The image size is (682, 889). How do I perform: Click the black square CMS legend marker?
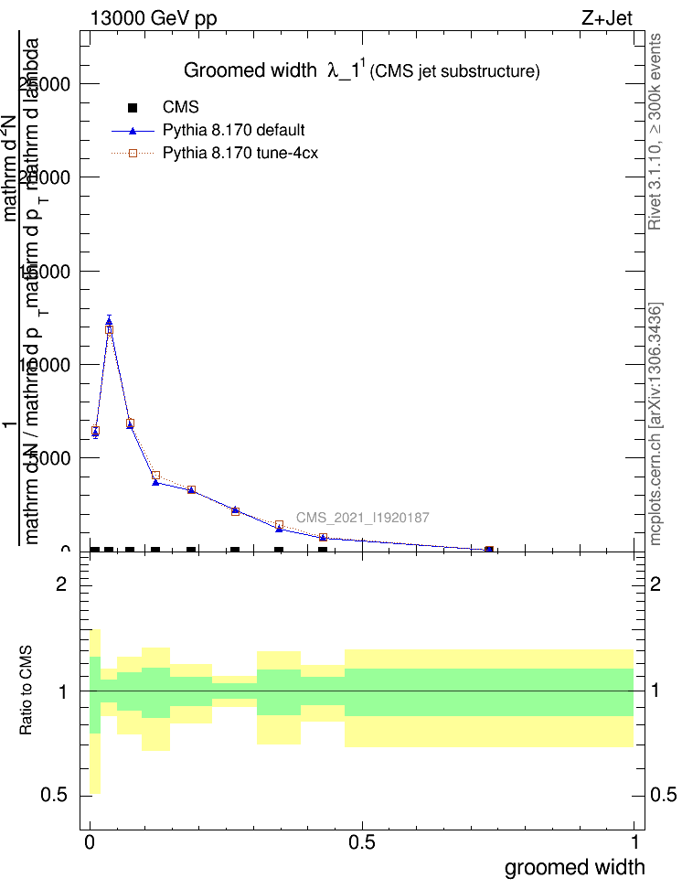click(133, 107)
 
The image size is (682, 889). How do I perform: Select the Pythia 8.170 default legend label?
click(233, 130)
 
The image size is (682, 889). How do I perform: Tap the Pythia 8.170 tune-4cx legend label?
click(240, 153)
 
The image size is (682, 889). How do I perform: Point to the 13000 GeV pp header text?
click(154, 18)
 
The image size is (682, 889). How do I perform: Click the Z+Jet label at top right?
click(606, 18)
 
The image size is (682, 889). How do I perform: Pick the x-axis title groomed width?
click(574, 867)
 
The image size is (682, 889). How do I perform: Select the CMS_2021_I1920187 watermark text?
click(363, 519)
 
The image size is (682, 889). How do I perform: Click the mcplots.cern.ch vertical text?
click(655, 423)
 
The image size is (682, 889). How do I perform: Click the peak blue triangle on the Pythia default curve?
click(109, 321)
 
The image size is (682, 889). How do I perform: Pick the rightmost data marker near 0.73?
click(489, 550)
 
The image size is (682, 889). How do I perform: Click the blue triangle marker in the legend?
click(133, 130)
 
